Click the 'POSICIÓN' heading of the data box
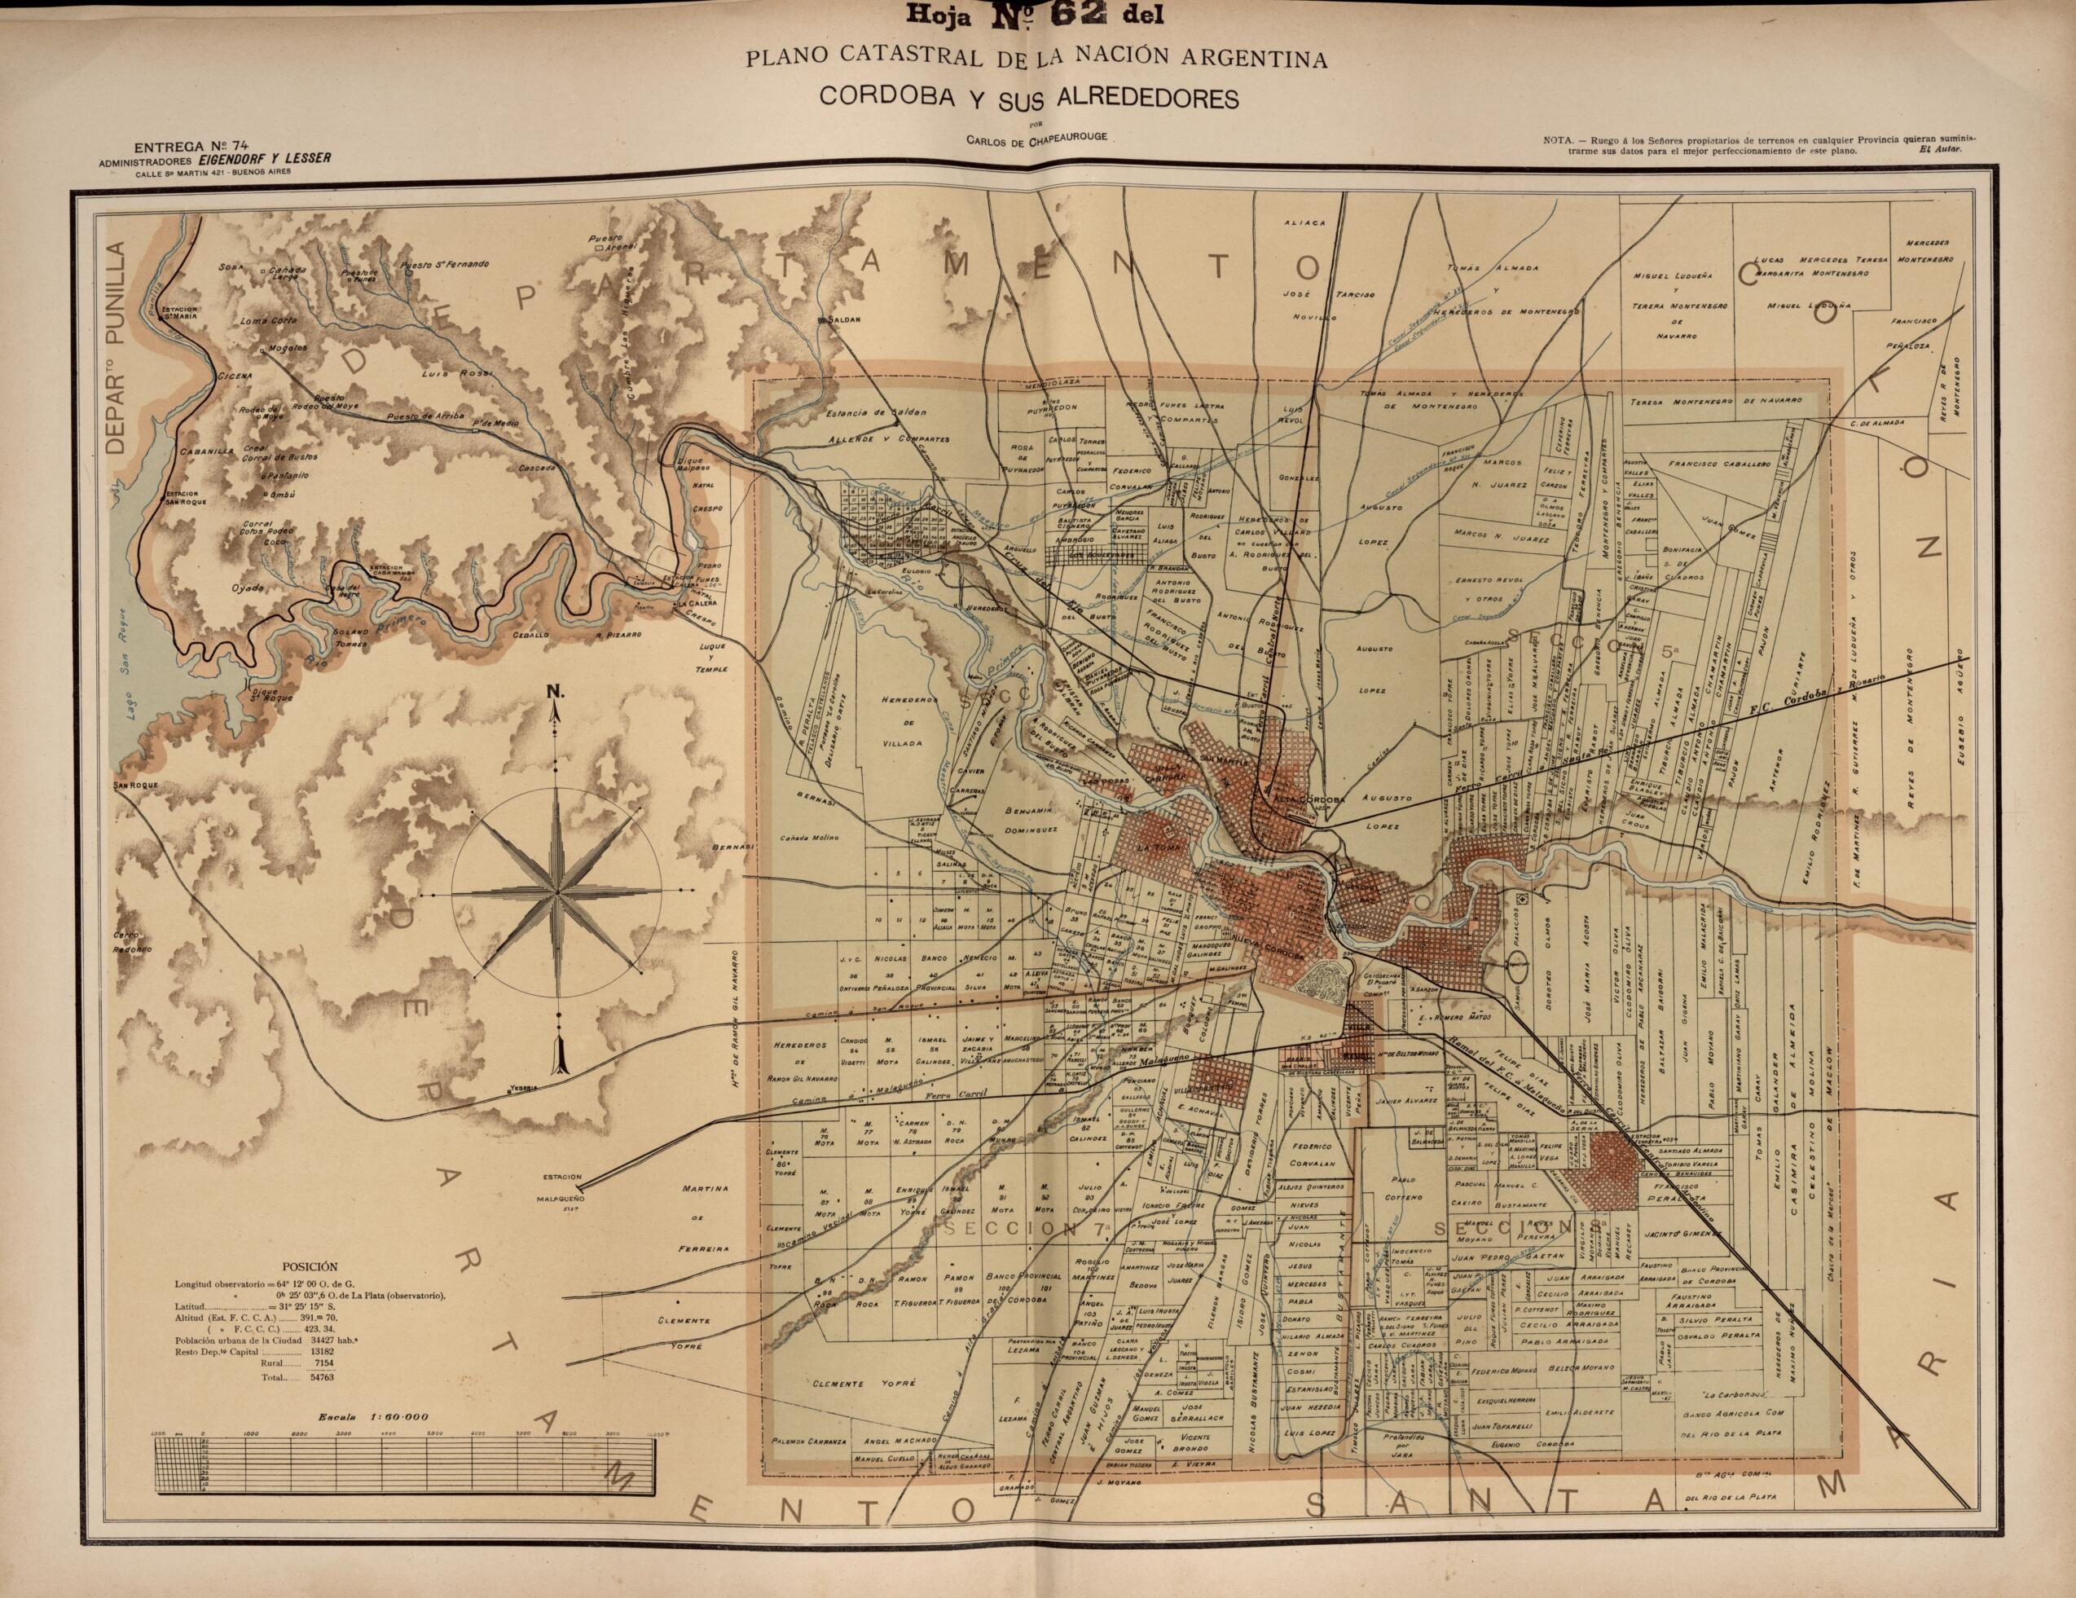point(309,1267)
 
